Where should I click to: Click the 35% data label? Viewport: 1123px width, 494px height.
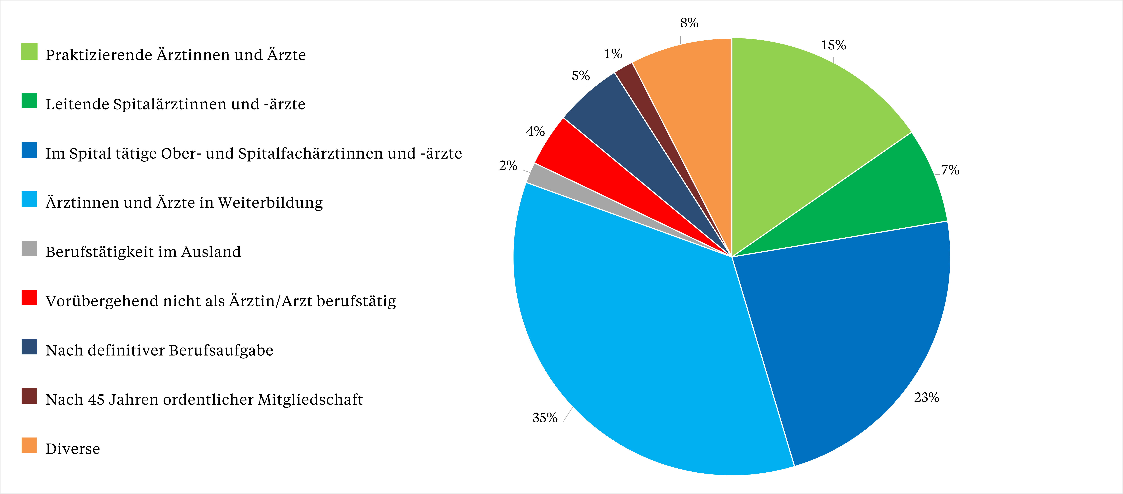[545, 418]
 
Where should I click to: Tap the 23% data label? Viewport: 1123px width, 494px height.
[926, 398]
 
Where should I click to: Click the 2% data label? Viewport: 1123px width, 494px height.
[508, 166]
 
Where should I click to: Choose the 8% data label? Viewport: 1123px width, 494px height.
[689, 23]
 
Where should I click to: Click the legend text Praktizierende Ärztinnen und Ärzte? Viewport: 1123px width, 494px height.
[176, 55]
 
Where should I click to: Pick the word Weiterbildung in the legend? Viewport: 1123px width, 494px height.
[270, 203]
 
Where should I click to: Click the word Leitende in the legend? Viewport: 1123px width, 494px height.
[77, 104]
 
